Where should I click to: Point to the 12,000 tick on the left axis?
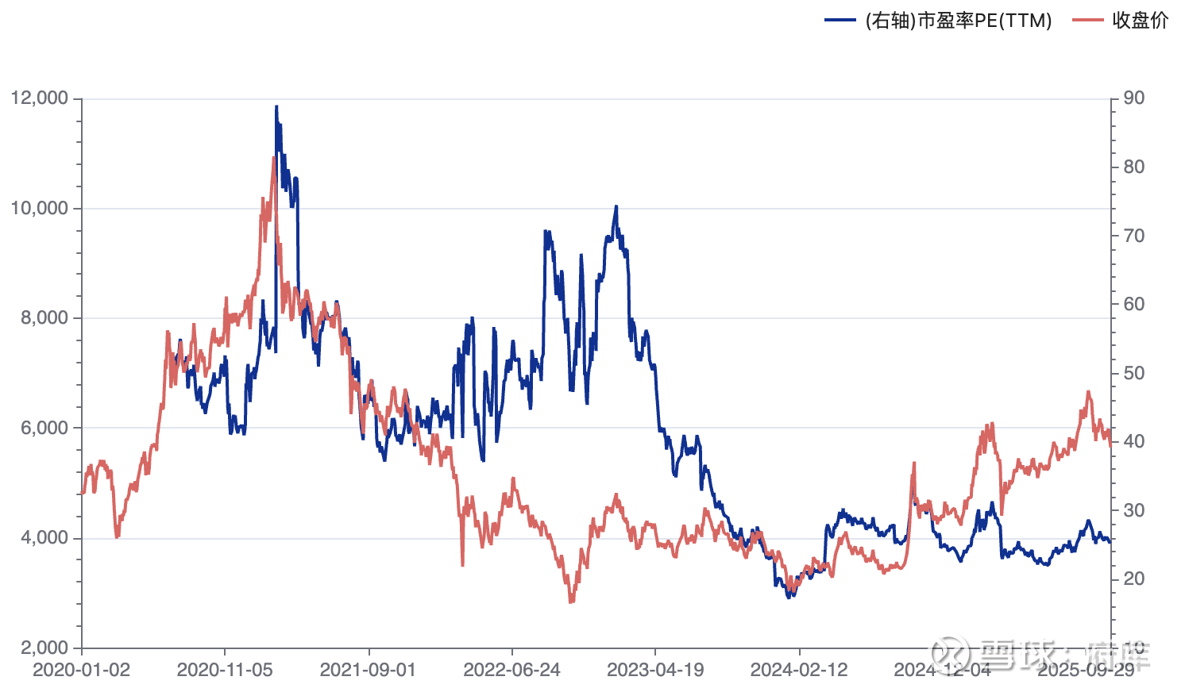[40, 98]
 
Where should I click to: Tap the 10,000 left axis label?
[40, 208]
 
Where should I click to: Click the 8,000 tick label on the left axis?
[45, 317]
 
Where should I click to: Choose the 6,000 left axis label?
[45, 428]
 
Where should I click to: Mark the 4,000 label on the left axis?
[45, 537]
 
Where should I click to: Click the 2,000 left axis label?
[45, 648]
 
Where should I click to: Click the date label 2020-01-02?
[81, 670]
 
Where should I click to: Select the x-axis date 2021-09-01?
[368, 670]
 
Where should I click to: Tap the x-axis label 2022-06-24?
[511, 670]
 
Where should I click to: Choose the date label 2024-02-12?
[799, 670]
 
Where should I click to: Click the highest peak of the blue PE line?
[276, 106]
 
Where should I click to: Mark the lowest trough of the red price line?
[570, 602]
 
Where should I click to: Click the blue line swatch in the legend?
[840, 21]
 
